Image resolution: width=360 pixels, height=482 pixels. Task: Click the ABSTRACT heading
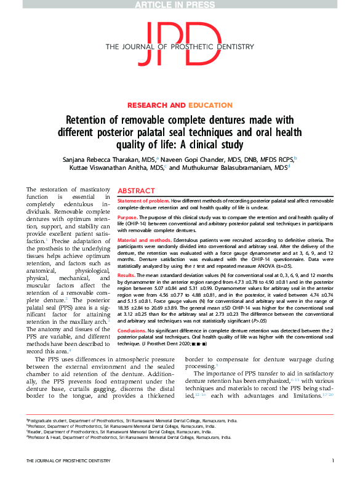[x=136, y=191]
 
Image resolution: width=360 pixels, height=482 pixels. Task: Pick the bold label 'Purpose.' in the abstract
[x=127, y=217]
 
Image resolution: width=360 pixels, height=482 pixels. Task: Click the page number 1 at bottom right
[x=332, y=478]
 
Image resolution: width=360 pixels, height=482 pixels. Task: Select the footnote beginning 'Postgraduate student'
[x=132, y=436]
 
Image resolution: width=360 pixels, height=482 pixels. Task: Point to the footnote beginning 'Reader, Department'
[x=119, y=448]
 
